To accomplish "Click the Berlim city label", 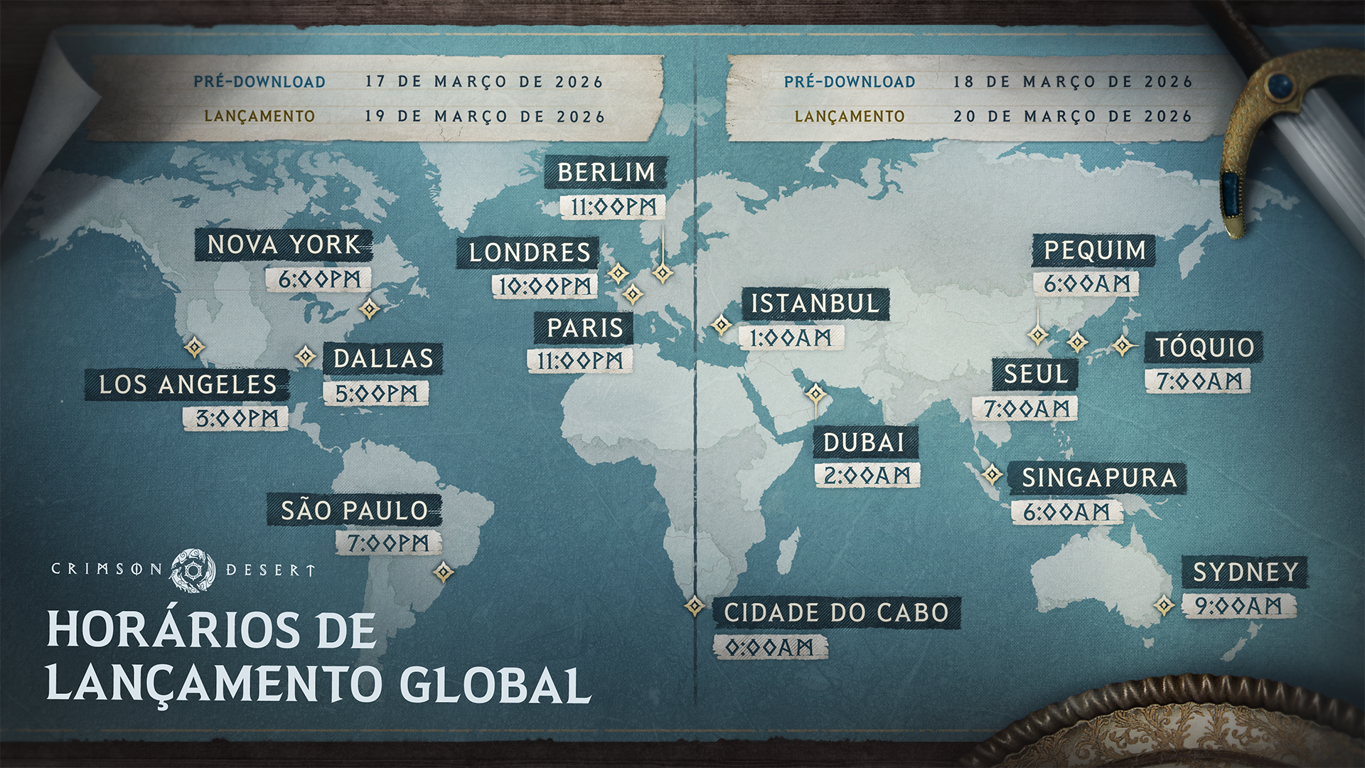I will (606, 173).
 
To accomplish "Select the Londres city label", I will (529, 253).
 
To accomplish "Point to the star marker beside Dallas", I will (306, 356).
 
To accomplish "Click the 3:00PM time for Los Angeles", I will (236, 419).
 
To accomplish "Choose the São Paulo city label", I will (354, 511).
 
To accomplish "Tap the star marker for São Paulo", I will (444, 572).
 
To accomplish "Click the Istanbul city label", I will (815, 304).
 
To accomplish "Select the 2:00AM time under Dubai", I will (867, 475).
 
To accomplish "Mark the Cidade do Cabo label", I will (836, 613).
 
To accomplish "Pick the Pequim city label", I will (1094, 250).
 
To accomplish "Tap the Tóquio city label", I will (1204, 348).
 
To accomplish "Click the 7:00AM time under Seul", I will (1026, 408).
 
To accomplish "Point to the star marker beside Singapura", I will (992, 474).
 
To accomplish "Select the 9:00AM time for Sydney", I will (1238, 606).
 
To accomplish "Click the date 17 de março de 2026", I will (484, 82).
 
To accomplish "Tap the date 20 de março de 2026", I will (1072, 116).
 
